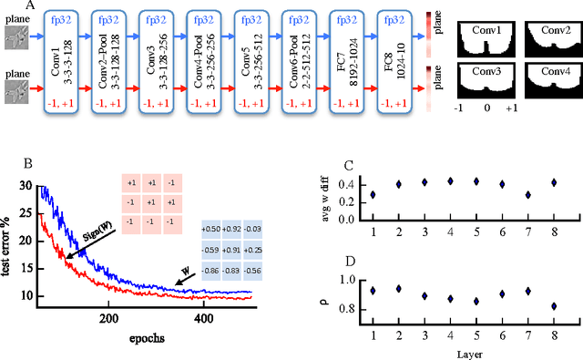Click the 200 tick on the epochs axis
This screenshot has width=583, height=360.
107,320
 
